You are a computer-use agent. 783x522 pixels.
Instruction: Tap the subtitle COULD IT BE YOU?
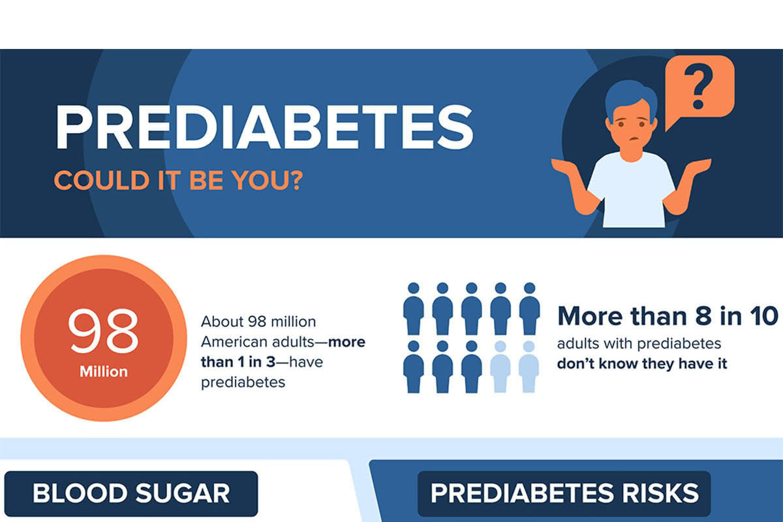pyautogui.click(x=177, y=179)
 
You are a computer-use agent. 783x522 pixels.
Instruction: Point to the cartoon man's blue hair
pyautogui.click(x=630, y=98)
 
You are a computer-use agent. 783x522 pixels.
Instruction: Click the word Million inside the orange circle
pyautogui.click(x=104, y=372)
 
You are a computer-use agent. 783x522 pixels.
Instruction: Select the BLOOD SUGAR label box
pyautogui.click(x=131, y=493)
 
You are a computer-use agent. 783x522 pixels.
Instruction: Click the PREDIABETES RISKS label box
pyautogui.click(x=564, y=493)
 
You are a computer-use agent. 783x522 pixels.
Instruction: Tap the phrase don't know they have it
pyautogui.click(x=642, y=363)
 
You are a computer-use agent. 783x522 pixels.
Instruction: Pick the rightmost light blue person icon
pyautogui.click(x=529, y=367)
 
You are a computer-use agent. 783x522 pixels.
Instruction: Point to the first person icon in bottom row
pyautogui.click(x=413, y=367)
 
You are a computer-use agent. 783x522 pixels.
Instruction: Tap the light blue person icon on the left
pyautogui.click(x=500, y=367)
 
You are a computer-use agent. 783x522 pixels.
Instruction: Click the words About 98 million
pyautogui.click(x=258, y=322)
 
